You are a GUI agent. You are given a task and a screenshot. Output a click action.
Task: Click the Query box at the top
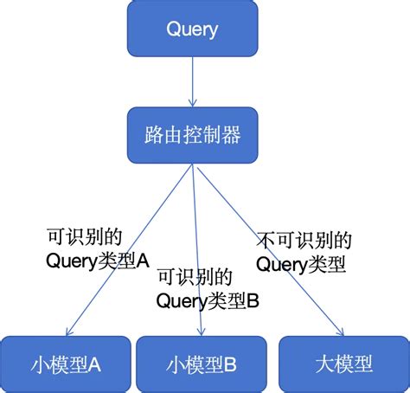tap(191, 29)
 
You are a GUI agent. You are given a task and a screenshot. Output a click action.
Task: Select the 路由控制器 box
tap(191, 135)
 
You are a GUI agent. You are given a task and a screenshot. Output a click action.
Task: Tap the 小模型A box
tap(67, 364)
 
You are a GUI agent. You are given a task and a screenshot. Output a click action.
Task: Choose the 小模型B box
tap(202, 364)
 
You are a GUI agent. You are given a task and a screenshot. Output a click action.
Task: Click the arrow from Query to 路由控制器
tap(191, 82)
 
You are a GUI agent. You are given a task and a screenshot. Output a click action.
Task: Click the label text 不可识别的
tap(304, 239)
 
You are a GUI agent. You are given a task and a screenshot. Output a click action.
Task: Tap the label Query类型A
tap(96, 259)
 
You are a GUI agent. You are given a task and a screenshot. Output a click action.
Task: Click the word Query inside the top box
tap(191, 29)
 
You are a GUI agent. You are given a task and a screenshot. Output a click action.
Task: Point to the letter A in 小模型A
tap(93, 364)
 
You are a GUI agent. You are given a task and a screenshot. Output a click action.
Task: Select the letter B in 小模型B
tap(229, 364)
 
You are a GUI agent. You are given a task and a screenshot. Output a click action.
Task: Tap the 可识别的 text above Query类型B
tap(195, 278)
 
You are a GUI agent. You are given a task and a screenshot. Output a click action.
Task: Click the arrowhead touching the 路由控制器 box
tap(191, 103)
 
